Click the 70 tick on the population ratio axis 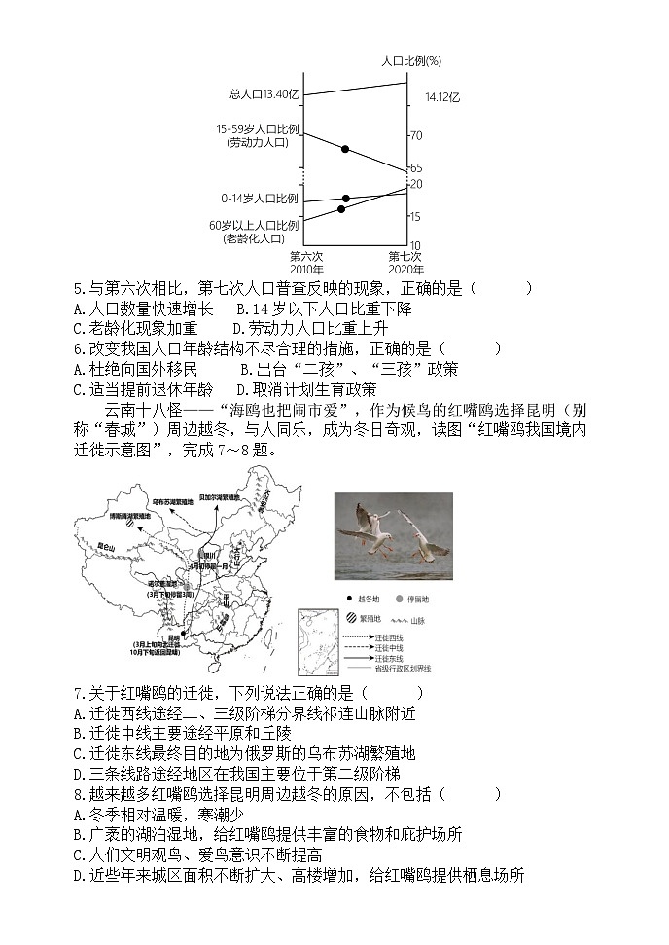[x=415, y=135]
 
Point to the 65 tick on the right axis [x=415, y=168]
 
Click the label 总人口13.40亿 [x=265, y=94]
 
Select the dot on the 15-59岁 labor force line [x=345, y=149]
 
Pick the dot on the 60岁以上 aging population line [x=341, y=209]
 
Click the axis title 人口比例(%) [x=411, y=60]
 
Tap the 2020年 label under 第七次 [x=405, y=270]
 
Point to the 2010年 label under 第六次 [x=306, y=270]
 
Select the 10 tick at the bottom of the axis [x=414, y=246]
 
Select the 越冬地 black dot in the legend [x=349, y=600]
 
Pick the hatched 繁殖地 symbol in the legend [x=350, y=618]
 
